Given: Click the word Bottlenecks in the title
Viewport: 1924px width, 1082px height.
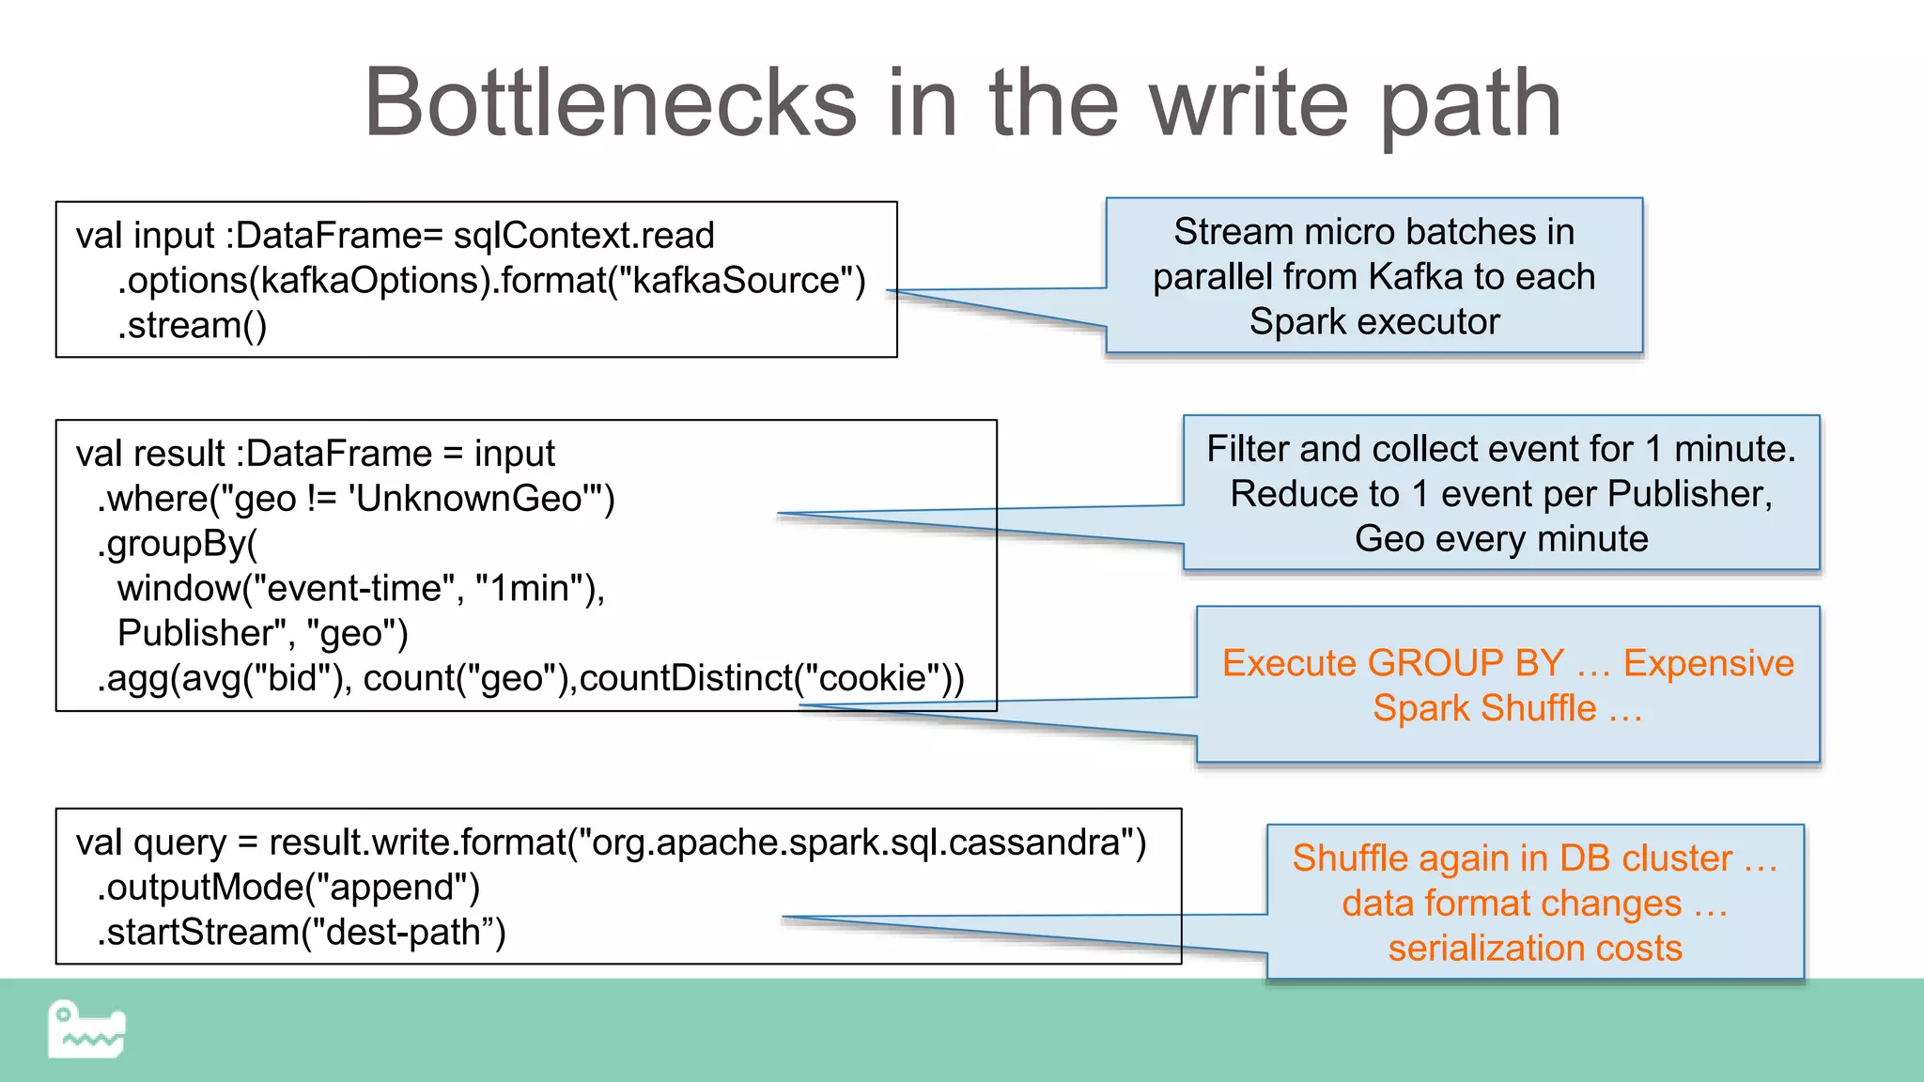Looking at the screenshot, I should pyautogui.click(x=611, y=103).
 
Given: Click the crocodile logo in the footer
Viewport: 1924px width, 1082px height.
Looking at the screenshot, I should pyautogui.click(x=86, y=1029).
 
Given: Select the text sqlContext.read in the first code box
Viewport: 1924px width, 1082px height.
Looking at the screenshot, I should pyautogui.click(x=583, y=236).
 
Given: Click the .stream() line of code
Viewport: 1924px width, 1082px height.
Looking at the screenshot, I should pyautogui.click(x=192, y=326).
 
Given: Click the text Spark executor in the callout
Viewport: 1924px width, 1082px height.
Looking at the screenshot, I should pyautogui.click(x=1373, y=322).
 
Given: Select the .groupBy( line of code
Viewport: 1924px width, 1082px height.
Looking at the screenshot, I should pyautogui.click(x=177, y=544).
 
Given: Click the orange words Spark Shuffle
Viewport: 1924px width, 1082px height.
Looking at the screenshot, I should pyautogui.click(x=1484, y=708).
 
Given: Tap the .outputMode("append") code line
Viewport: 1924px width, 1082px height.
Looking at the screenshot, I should pyautogui.click(x=288, y=888).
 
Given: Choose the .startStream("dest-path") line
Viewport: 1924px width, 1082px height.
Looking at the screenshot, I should pyautogui.click(x=302, y=933).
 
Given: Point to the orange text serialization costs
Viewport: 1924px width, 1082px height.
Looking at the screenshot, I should pyautogui.click(x=1535, y=949).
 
